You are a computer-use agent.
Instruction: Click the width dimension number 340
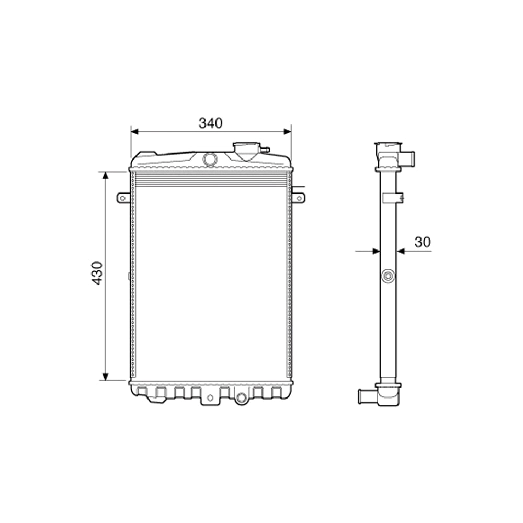pos(210,123)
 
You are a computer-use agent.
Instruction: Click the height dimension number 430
pos(98,274)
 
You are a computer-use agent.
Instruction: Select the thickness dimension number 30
pos(423,242)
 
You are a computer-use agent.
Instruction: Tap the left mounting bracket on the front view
pos(123,198)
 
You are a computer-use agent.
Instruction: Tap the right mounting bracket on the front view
pos(298,197)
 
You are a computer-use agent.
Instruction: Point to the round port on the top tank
pos(210,158)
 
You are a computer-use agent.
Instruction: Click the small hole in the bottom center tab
pos(210,398)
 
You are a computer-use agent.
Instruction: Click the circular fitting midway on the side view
pos(388,277)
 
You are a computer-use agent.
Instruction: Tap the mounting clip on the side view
pos(394,198)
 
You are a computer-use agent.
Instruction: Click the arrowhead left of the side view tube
pos(376,251)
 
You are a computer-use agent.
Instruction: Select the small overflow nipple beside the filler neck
pos(265,150)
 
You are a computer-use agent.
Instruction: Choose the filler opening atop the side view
pos(389,145)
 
